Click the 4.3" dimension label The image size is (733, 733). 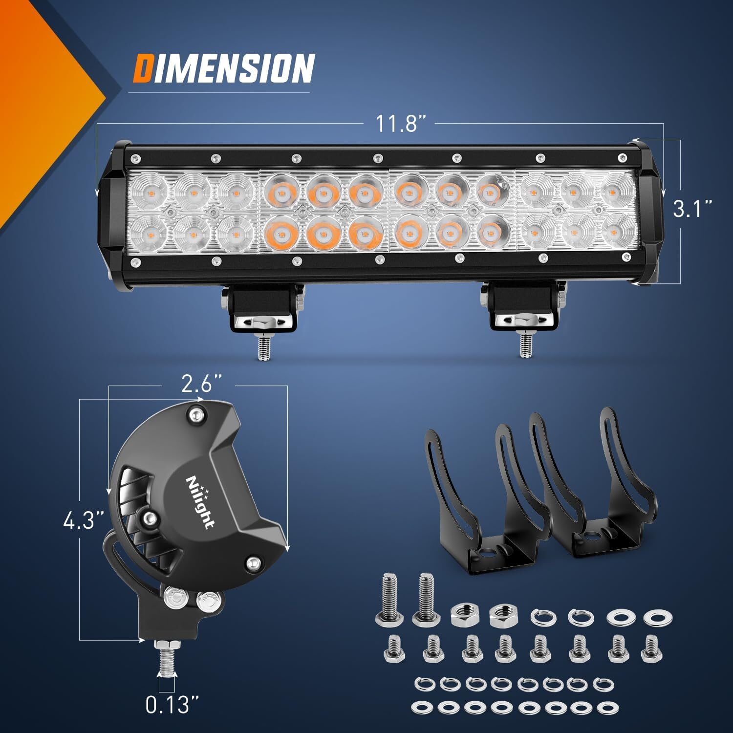pyautogui.click(x=84, y=520)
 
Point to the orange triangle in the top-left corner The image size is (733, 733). pyautogui.click(x=44, y=98)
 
